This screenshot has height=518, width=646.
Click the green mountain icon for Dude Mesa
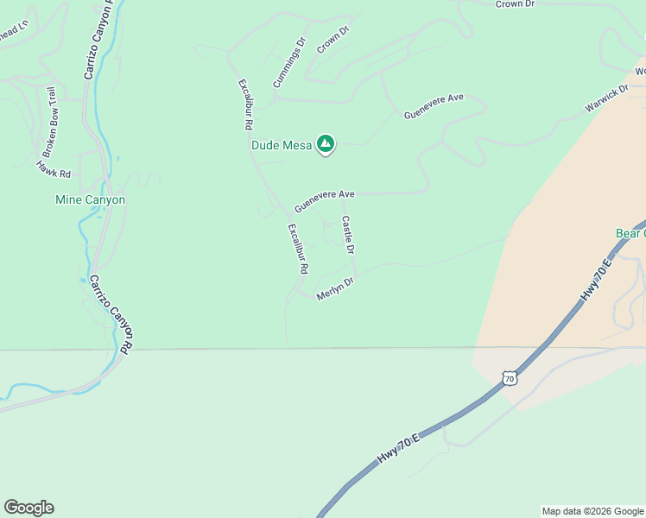tap(326, 144)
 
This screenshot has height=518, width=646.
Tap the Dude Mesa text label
tap(282, 145)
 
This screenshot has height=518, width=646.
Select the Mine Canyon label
tap(91, 199)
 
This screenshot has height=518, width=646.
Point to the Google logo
tap(28, 508)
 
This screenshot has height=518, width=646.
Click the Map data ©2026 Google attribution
tap(592, 511)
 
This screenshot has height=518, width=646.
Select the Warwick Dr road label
tap(605, 99)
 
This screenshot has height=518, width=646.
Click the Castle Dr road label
tap(348, 235)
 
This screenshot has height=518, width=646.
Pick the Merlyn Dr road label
tap(336, 287)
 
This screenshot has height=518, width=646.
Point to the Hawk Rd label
tap(53, 168)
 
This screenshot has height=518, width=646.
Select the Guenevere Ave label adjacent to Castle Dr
tap(325, 201)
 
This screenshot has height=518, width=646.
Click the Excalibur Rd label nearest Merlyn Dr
tap(298, 249)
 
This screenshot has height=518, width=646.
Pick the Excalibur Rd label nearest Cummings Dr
tap(245, 104)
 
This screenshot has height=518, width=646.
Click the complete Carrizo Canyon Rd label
tap(111, 314)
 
